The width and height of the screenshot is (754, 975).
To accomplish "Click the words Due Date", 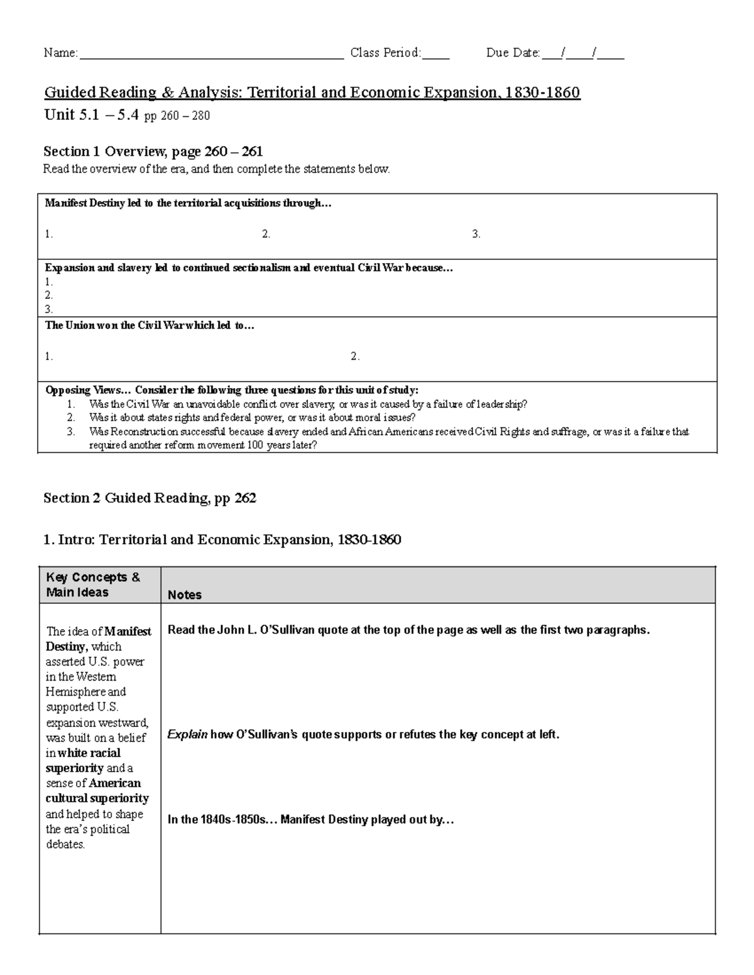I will (513, 53).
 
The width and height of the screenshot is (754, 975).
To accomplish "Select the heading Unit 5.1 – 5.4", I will (92, 116).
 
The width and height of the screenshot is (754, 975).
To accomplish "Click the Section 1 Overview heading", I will (153, 151).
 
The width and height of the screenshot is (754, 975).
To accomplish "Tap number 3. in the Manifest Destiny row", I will (476, 234).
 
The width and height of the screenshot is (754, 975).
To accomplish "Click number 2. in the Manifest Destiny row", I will (266, 234).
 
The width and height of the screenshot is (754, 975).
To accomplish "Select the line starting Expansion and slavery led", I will (248, 268).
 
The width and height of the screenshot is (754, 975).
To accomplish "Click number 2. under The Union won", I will (355, 357).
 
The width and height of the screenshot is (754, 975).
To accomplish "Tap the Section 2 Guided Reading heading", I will (150, 498).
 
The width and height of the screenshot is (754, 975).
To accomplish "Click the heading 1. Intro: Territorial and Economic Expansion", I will (222, 540).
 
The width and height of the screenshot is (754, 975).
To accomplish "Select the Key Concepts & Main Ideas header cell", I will (93, 584).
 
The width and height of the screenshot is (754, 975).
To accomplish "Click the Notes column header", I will (185, 595).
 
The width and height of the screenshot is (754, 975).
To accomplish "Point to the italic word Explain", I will (187, 735).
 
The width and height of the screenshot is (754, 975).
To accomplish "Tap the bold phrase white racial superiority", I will (83, 760).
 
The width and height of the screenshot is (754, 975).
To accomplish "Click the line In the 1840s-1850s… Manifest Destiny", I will (310, 820).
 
